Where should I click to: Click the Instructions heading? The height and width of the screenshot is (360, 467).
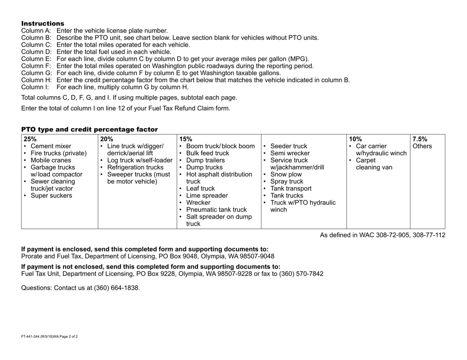pos(42,24)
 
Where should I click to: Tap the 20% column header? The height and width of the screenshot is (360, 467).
pos(106,138)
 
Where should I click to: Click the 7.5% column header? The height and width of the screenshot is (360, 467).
pos(420,138)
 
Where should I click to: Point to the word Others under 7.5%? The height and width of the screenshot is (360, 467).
pos(422,146)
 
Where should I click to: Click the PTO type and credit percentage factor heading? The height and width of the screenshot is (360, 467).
pos(89,129)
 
